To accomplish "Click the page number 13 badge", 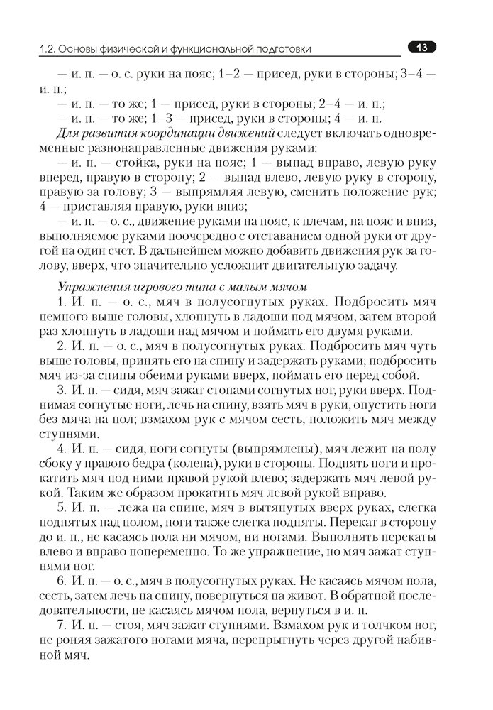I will pyautogui.click(x=421, y=48).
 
